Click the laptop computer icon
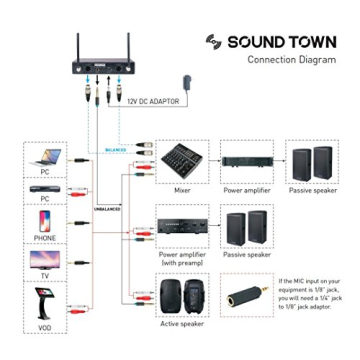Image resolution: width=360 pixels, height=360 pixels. (45, 157)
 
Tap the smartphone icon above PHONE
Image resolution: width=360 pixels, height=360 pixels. (45, 220)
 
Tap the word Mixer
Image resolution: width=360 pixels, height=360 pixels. (182, 189)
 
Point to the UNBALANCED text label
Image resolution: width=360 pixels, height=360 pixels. (107, 210)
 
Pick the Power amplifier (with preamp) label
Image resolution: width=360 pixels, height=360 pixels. (181, 259)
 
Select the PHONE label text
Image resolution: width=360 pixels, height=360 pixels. (45, 239)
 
